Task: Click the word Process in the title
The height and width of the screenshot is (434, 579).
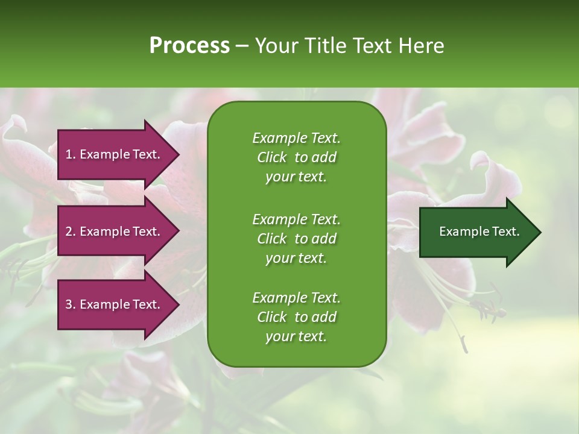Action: coord(189,46)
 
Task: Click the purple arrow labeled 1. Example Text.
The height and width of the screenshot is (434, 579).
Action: coord(118,154)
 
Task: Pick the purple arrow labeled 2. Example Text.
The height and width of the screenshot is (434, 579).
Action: coord(118,231)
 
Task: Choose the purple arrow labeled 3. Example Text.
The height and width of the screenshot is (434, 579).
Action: coord(118,304)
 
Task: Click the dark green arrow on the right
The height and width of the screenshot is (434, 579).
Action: coord(480,232)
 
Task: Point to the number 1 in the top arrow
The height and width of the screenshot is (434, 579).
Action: coord(69,154)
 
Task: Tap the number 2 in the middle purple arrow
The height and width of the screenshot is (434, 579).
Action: coord(69,231)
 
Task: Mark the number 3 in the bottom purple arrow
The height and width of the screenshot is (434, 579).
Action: coord(69,304)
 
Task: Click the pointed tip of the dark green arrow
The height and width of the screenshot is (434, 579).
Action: coord(541,232)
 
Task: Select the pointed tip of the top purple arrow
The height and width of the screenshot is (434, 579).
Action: coord(179,154)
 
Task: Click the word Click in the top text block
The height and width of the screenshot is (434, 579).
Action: coord(272,157)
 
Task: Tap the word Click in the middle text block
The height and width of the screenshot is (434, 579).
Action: coord(272,239)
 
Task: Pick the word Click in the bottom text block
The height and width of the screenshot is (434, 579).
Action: coord(272,316)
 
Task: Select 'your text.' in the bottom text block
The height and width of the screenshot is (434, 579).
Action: coord(296,336)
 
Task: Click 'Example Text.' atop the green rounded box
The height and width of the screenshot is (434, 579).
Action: coord(297,138)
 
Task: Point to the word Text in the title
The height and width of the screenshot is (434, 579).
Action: coord(373,46)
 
